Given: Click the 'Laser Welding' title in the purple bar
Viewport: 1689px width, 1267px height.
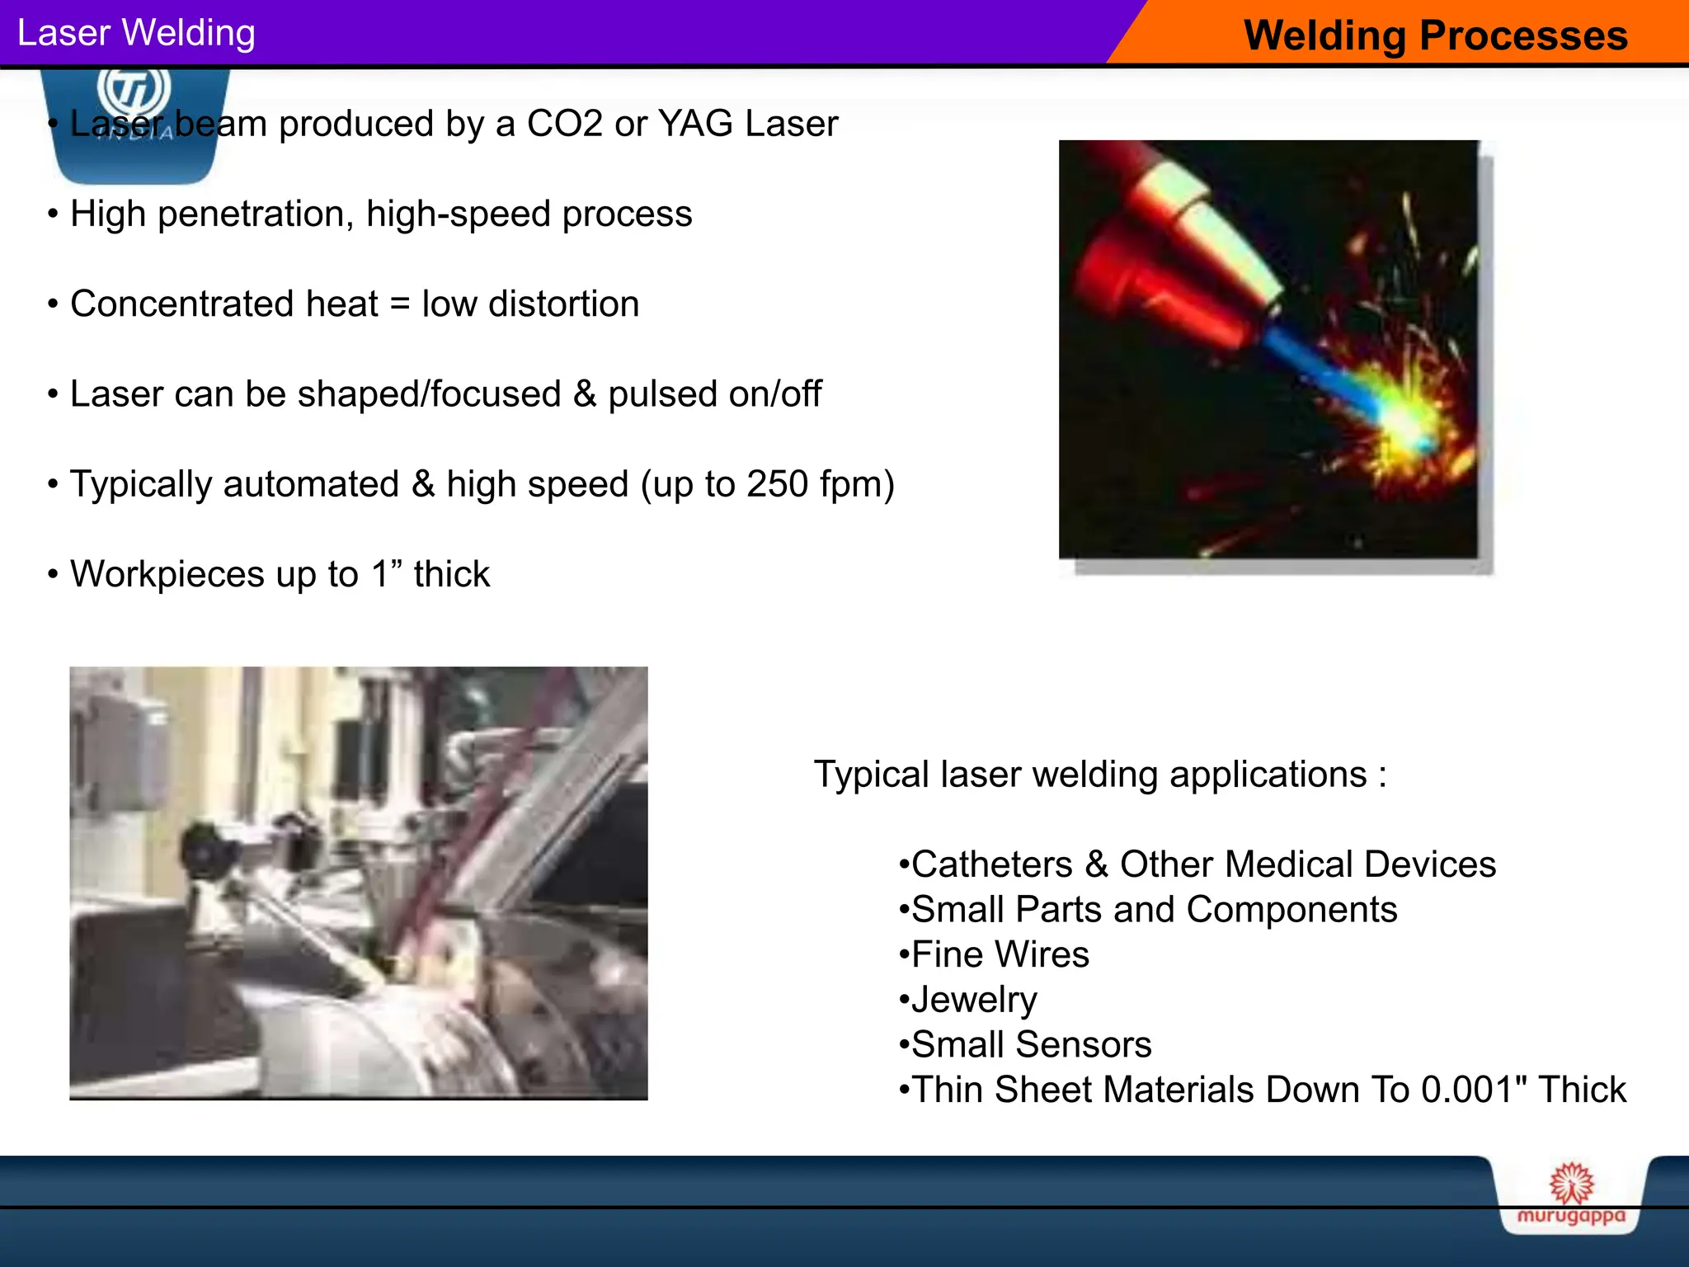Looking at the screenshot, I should coord(136,34).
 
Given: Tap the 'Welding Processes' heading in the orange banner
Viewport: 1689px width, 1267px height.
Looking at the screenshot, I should coord(1435,36).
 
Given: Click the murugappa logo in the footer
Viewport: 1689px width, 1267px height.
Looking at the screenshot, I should coord(1571,1197).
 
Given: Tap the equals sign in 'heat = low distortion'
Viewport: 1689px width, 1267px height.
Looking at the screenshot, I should coord(400,304).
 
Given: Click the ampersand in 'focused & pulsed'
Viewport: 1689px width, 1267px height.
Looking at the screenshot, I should coord(585,394).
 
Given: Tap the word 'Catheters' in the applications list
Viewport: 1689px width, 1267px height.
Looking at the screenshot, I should coord(992,864).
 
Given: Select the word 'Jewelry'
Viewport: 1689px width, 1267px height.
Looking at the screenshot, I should coord(974,1000).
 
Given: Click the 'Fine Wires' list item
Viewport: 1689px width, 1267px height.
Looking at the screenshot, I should coord(1000,954).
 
